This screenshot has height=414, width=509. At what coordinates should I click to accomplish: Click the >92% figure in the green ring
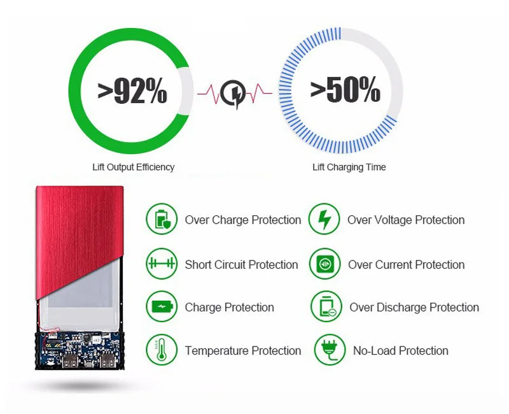tap(132, 91)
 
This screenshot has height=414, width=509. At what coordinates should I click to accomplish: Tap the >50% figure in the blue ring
tap(345, 89)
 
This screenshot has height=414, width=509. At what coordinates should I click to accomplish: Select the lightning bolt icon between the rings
tap(234, 94)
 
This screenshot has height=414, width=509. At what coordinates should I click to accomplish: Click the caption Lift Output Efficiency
tap(134, 167)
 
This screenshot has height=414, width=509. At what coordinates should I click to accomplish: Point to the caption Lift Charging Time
tap(349, 167)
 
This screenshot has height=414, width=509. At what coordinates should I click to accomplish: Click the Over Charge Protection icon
tap(162, 219)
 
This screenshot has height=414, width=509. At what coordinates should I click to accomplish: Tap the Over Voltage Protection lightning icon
tap(324, 219)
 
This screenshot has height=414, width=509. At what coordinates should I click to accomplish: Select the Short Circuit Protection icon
tap(162, 264)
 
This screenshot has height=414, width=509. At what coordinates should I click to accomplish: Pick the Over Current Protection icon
tap(325, 264)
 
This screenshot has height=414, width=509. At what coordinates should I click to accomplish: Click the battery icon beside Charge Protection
tap(162, 306)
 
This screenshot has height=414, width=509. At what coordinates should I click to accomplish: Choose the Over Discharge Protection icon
tap(326, 306)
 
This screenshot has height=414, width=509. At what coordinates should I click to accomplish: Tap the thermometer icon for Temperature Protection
tap(162, 350)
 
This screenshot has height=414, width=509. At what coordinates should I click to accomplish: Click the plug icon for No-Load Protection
tap(330, 350)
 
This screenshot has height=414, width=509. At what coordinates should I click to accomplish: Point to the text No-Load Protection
tap(401, 351)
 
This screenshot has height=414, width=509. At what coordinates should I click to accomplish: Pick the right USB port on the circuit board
tap(106, 360)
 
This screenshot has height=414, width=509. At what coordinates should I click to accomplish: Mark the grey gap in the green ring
tap(186, 91)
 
